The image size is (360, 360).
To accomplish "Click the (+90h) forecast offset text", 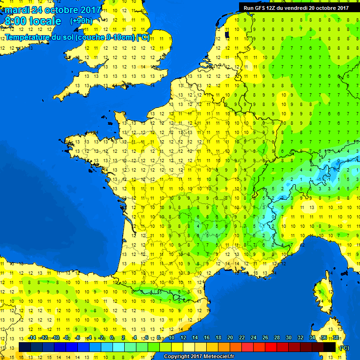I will [81, 21].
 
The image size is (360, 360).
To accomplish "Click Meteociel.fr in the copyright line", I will [214, 356].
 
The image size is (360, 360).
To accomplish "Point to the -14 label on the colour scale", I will [32, 337].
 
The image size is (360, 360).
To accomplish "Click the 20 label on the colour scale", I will [230, 337].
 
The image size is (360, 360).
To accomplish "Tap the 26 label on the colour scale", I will [265, 337].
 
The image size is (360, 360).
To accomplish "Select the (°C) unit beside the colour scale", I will [345, 347].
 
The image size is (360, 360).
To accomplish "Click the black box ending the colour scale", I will [330, 347].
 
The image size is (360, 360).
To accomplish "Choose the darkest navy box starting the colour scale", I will [25, 347].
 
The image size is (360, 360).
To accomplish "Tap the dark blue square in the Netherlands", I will [226, 34].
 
